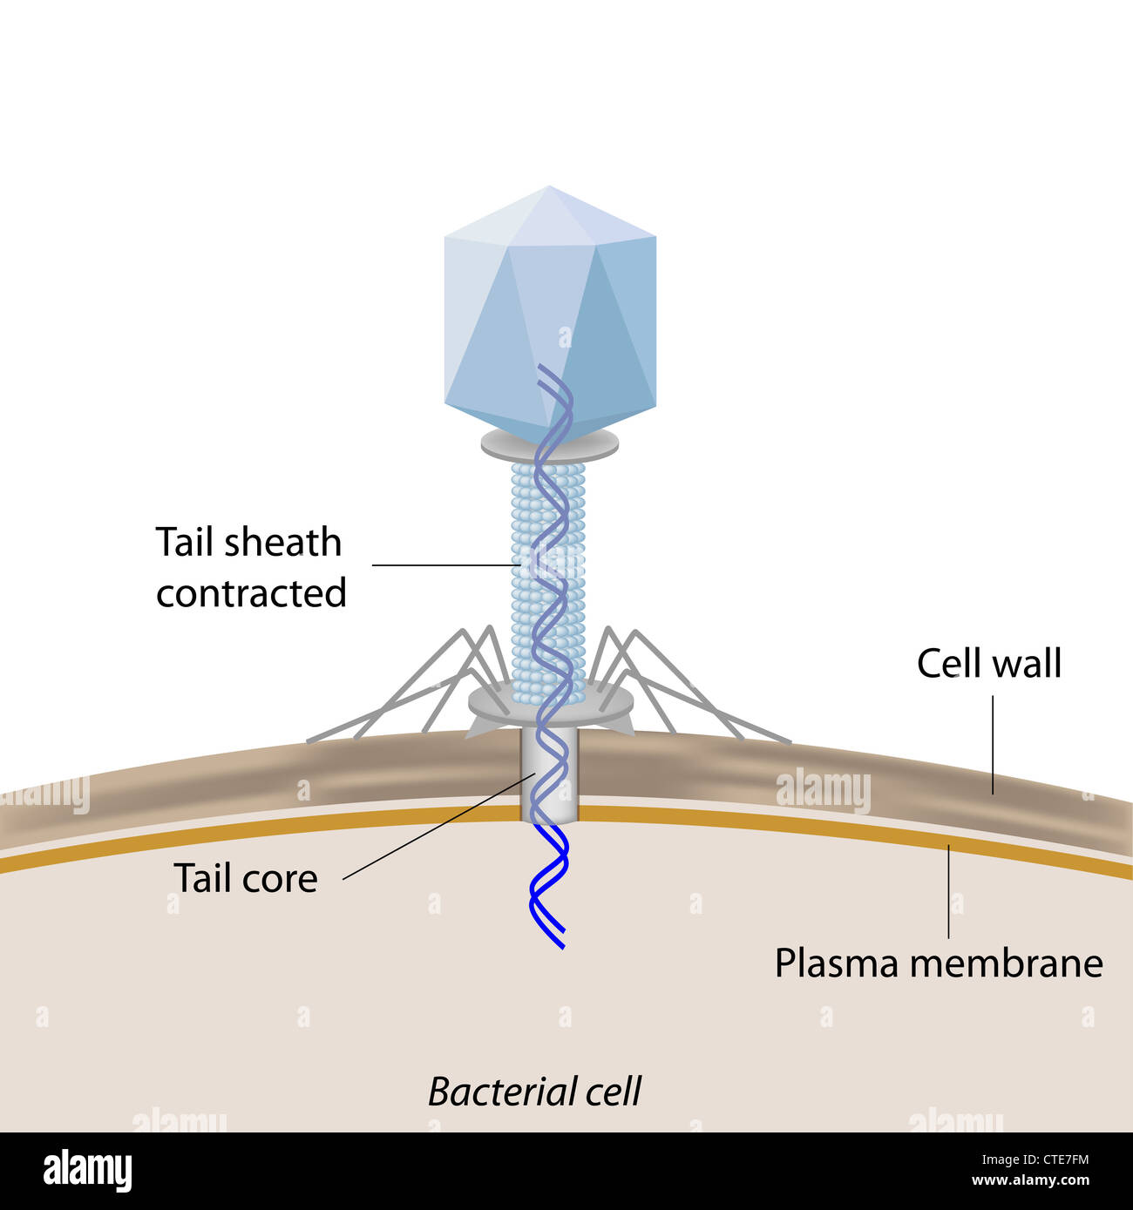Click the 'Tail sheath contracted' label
[250, 567]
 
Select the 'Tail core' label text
[245, 878]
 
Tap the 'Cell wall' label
[989, 664]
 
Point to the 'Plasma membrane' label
[939, 963]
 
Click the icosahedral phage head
[550, 314]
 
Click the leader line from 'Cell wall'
[993, 745]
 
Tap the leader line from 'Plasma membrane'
[949, 893]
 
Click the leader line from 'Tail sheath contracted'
[444, 565]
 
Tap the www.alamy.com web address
[1030, 1181]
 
